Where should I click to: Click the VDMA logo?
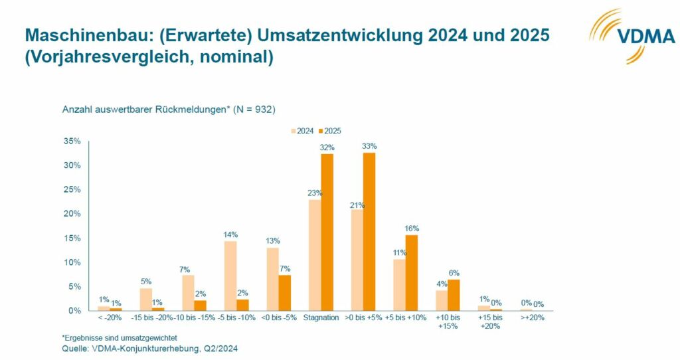(632, 37)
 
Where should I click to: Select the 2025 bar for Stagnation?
(327, 232)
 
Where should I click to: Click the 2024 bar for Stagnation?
(314, 255)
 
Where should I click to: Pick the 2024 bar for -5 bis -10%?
(230, 276)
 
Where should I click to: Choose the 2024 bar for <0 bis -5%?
(272, 279)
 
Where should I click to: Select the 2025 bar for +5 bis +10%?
(412, 272)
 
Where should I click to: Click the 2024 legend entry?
(302, 131)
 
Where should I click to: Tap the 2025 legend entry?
(329, 131)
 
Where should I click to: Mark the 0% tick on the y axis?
(74, 310)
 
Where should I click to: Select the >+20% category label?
(533, 317)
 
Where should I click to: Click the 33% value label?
(369, 146)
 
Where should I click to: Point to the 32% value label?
(327, 147)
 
